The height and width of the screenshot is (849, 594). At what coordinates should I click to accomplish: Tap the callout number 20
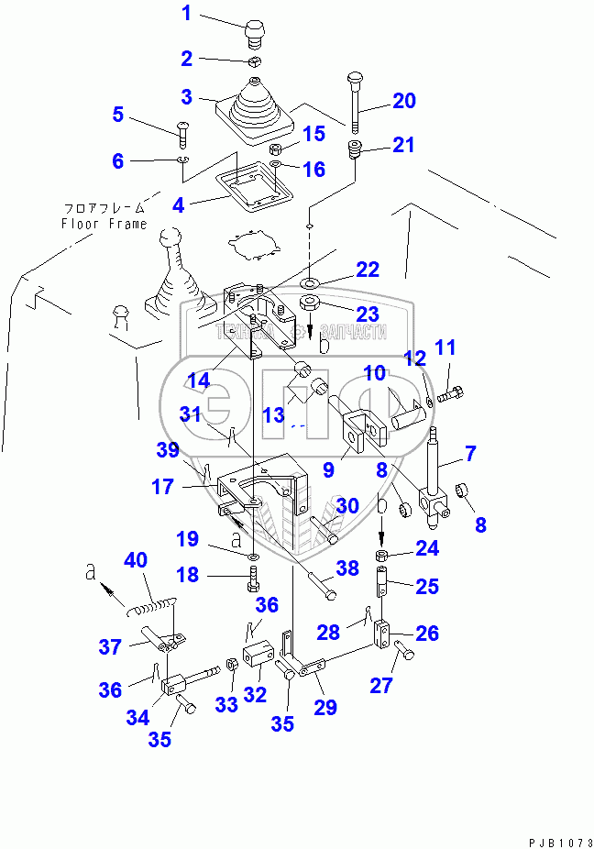click(404, 101)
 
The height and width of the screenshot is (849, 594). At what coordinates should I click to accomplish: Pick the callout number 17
click(163, 488)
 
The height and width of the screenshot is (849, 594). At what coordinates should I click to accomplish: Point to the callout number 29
click(324, 706)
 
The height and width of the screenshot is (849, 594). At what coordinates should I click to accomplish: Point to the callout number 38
click(347, 568)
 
